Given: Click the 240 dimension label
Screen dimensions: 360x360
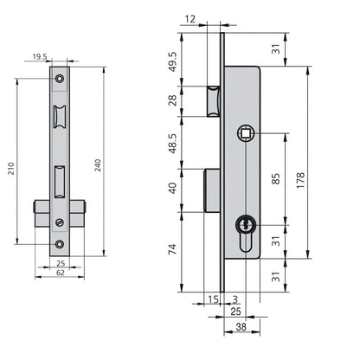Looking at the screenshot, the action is (x=98, y=165).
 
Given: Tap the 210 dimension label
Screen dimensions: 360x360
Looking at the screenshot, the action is (x=11, y=169).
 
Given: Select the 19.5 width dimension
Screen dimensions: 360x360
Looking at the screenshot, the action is (x=40, y=57).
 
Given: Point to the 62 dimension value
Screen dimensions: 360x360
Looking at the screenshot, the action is (x=60, y=273).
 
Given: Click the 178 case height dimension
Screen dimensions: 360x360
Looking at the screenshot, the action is (x=300, y=181).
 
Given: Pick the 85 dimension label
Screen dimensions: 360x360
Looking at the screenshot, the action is (x=276, y=179).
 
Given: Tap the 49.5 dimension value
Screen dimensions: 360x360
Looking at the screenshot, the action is (x=172, y=61).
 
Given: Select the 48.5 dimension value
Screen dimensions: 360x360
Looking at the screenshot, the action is (x=172, y=144).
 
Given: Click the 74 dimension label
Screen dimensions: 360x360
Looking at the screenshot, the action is (x=172, y=249).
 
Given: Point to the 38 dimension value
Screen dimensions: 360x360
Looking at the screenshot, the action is (x=241, y=327).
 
